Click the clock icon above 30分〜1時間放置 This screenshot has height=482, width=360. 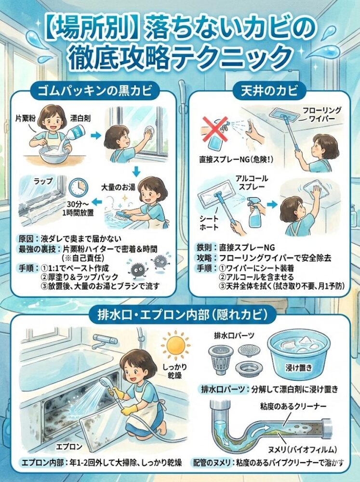tap(79, 187)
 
